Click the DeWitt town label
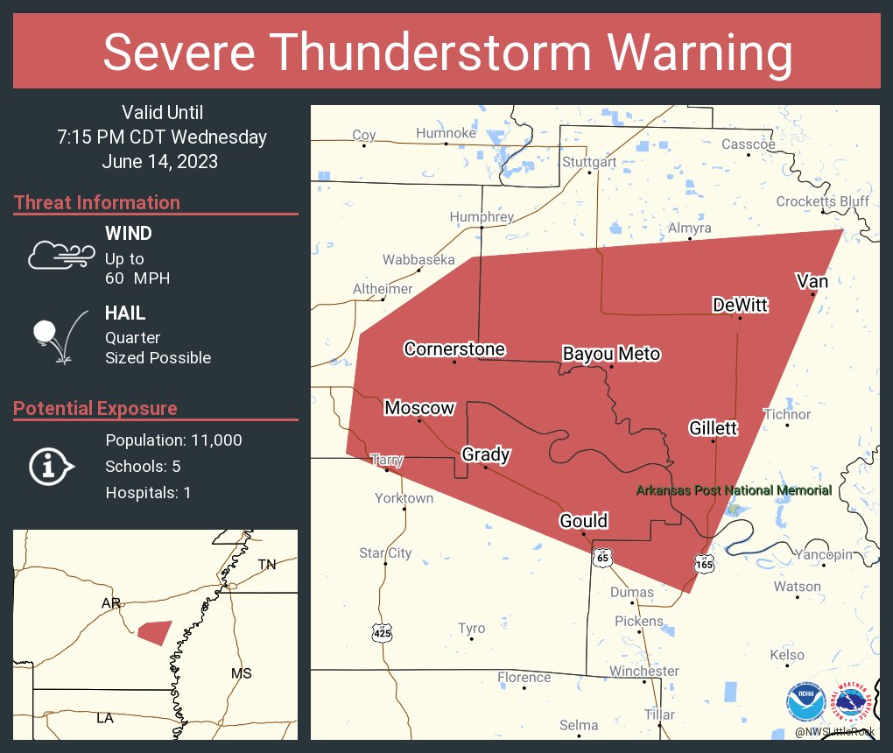pyautogui.click(x=740, y=305)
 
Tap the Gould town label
pyautogui.click(x=583, y=522)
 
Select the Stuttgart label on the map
pyautogui.click(x=589, y=162)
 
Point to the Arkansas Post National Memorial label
pyautogui.click(x=734, y=490)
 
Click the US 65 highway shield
pyautogui.click(x=602, y=557)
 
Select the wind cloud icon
pyautogui.click(x=60, y=254)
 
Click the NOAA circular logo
pyautogui.click(x=805, y=702)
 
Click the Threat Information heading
pyautogui.click(x=97, y=203)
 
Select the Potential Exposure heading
pyautogui.click(x=95, y=409)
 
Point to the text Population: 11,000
pyautogui.click(x=173, y=440)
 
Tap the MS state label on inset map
pyautogui.click(x=241, y=673)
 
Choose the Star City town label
pyautogui.click(x=385, y=553)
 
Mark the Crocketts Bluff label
pyautogui.click(x=822, y=201)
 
